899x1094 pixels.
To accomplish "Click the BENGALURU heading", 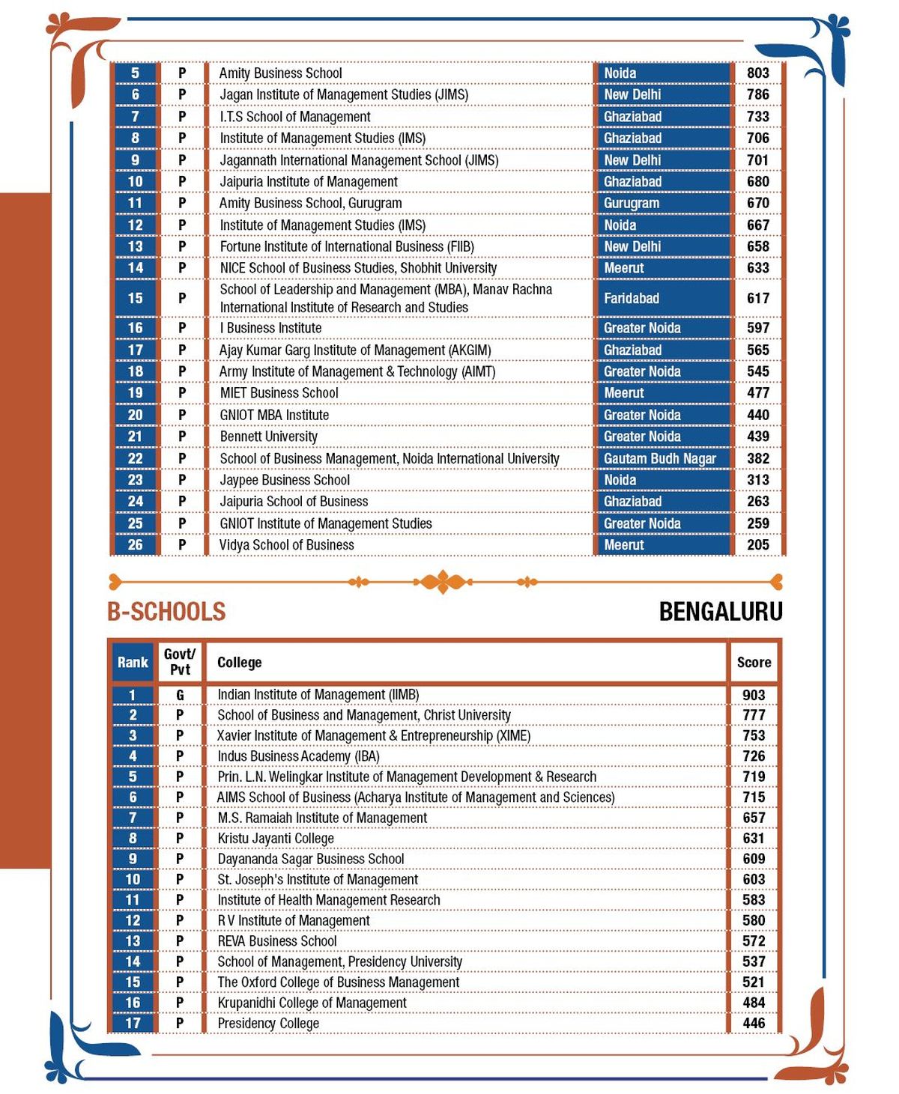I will click(720, 612).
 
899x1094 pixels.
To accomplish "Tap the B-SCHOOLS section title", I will click(166, 612).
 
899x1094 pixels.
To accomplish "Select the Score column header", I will click(754, 662).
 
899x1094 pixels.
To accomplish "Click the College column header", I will click(239, 662).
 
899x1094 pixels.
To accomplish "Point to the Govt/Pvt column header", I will click(180, 662).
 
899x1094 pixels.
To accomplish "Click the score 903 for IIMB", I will click(754, 695).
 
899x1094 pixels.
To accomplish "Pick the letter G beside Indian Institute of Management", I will click(180, 695).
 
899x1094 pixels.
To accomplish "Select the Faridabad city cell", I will click(632, 298).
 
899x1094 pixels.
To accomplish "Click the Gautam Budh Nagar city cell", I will click(660, 458).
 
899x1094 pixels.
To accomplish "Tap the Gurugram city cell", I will click(632, 203).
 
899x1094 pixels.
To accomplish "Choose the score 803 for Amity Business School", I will click(758, 73).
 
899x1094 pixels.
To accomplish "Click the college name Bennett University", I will click(268, 437).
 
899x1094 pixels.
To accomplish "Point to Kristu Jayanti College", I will click(276, 839).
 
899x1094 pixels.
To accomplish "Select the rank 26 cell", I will click(135, 545).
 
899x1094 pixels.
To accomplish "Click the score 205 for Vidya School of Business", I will click(758, 545).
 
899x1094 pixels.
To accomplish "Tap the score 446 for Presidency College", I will click(754, 1023).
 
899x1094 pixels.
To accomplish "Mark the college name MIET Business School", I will click(279, 393).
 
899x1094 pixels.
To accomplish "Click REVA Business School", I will click(277, 941).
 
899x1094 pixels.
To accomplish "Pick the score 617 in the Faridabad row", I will click(758, 298).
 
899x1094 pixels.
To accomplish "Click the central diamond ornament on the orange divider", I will click(444, 581).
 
